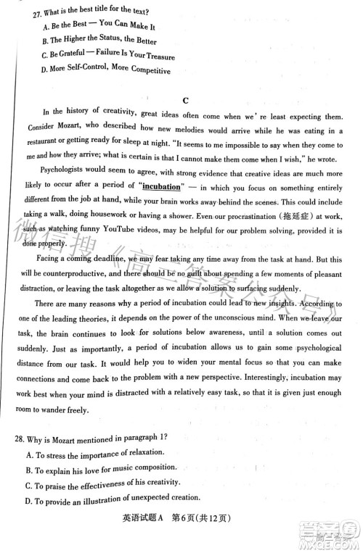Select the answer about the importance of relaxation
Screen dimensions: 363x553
94,454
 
